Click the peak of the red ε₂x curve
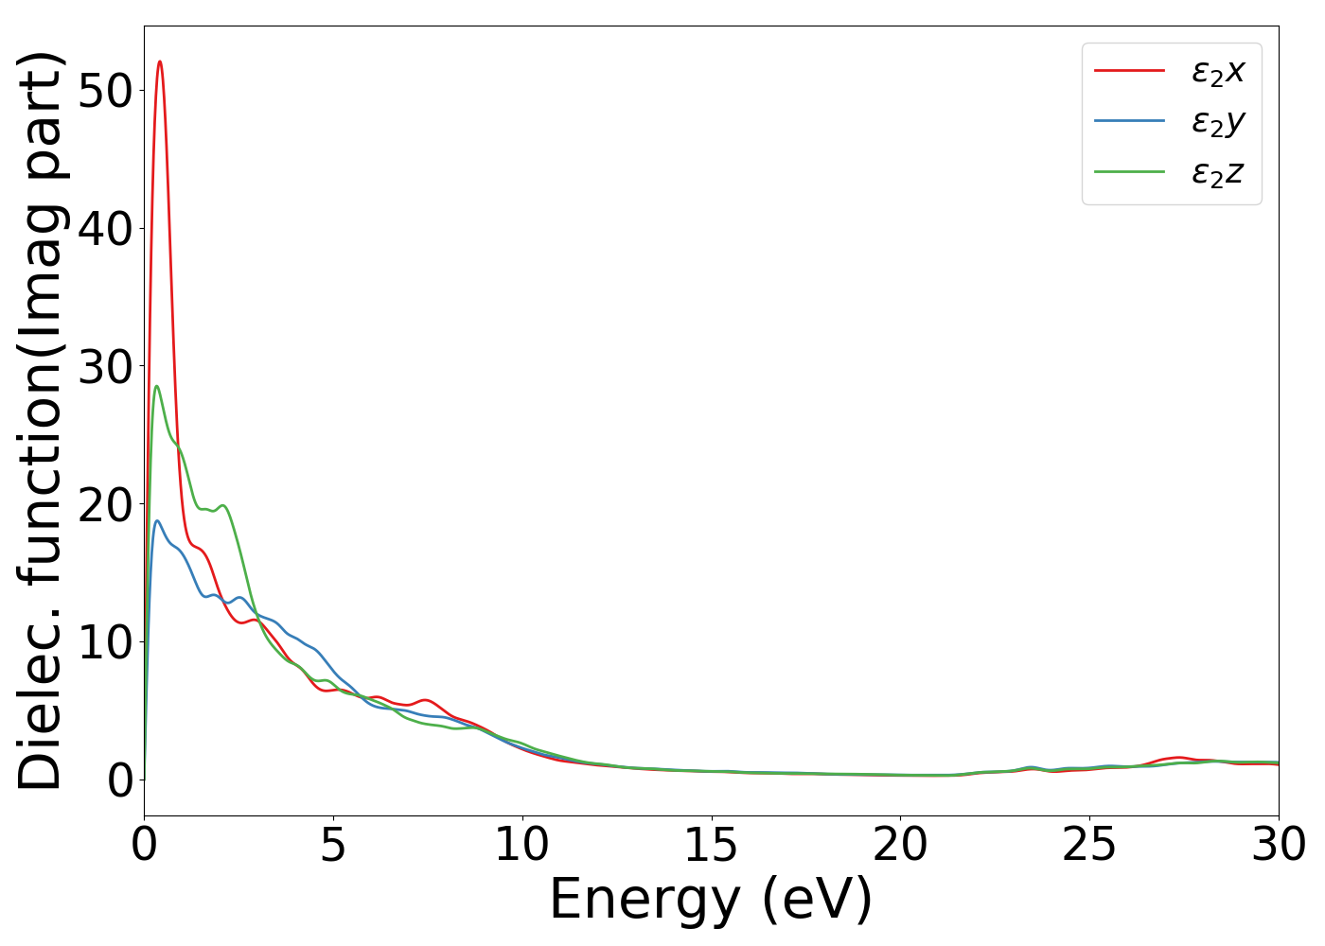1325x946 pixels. click(160, 61)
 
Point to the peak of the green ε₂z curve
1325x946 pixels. click(156, 386)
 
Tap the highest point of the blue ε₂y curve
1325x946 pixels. click(157, 520)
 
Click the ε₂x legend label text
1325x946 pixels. click(1218, 71)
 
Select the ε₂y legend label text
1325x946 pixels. click(1218, 122)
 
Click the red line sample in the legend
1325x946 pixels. click(1129, 70)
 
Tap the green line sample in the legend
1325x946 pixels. click(1129, 172)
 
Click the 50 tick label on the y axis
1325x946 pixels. click(105, 91)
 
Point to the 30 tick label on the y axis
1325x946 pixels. click(105, 367)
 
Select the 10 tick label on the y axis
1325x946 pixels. click(105, 643)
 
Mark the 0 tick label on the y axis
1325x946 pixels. click(119, 781)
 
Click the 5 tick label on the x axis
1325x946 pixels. click(333, 845)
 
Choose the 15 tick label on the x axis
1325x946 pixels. click(711, 845)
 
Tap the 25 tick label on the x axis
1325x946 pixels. click(1089, 845)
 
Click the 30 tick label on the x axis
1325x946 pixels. click(1279, 845)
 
